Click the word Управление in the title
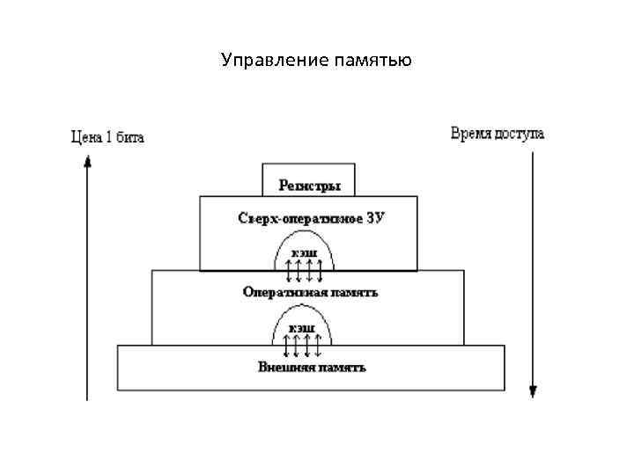pyautogui.click(x=275, y=61)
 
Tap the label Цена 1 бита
pyautogui.click(x=107, y=137)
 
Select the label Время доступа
pyautogui.click(x=498, y=135)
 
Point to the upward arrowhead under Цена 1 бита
pyautogui.click(x=87, y=161)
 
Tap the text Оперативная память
pyautogui.click(x=311, y=291)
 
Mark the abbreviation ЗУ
pyautogui.click(x=374, y=216)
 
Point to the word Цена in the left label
pyautogui.click(x=84, y=137)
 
